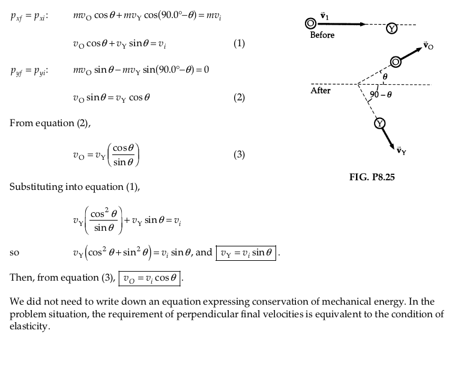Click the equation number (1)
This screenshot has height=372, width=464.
(239, 43)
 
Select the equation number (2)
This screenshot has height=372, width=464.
(239, 97)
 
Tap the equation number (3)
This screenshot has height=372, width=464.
(239, 154)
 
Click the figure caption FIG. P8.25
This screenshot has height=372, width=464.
(372, 177)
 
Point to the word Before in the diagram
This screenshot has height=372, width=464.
(322, 35)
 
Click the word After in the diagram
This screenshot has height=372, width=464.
(321, 90)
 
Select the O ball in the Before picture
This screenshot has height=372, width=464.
(310, 23)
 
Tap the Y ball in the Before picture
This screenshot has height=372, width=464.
(392, 28)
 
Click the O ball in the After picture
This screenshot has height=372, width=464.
(396, 62)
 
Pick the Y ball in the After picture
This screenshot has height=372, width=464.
(379, 123)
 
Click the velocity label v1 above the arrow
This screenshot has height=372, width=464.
(325, 16)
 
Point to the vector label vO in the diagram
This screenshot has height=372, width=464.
(428, 46)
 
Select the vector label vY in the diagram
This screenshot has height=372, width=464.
(402, 151)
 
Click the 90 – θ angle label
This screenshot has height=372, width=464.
(381, 94)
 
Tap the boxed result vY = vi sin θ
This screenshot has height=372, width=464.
(246, 253)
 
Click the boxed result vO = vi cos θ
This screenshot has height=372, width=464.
(149, 278)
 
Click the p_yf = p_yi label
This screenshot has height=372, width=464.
(29, 72)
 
